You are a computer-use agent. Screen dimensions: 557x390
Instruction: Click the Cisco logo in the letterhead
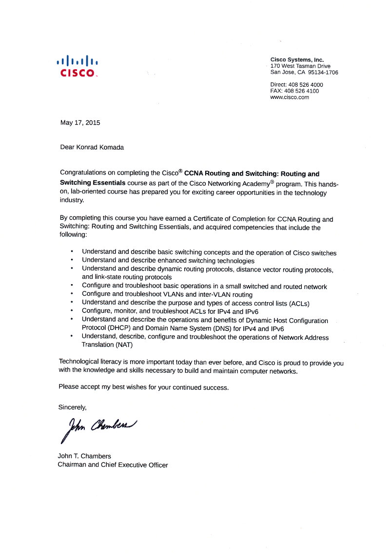[78, 66]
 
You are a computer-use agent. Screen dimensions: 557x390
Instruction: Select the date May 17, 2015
[80, 123]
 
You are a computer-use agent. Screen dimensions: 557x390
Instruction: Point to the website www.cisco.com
[290, 97]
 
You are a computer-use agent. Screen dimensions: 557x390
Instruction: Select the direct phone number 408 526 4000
[306, 84]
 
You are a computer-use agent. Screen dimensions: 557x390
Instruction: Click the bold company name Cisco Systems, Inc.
[297, 60]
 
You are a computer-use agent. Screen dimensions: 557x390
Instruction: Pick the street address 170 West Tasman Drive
[300, 66]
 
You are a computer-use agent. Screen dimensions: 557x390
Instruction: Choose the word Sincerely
[72, 406]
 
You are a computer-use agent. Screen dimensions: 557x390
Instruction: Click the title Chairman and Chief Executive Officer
[113, 465]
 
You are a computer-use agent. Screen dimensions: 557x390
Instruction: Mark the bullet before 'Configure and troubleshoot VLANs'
[72, 294]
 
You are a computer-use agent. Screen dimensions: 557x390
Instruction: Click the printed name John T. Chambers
[84, 457]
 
